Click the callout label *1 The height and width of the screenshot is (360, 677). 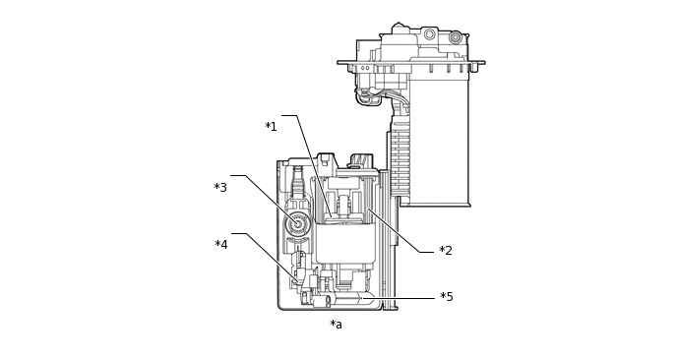(271, 127)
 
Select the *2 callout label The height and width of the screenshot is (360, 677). (446, 251)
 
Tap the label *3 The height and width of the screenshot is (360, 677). (220, 187)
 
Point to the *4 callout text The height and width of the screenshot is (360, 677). (221, 245)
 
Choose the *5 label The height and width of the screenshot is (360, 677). (447, 297)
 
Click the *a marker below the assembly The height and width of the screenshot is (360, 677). (336, 325)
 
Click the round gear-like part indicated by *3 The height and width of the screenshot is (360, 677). (297, 223)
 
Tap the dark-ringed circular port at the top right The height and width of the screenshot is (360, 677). (455, 37)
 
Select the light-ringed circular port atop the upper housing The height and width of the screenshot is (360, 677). (429, 34)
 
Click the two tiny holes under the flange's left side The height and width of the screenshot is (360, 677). (365, 68)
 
